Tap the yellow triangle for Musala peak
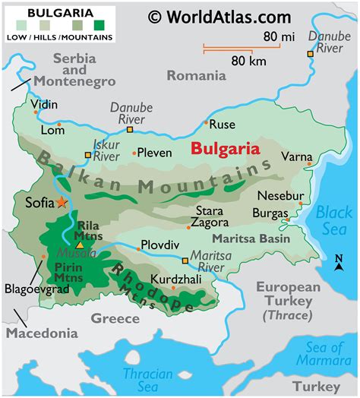click(x=79, y=245)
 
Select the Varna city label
click(x=295, y=156)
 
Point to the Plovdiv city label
click(x=159, y=245)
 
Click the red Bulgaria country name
click(x=225, y=149)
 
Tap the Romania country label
click(x=196, y=75)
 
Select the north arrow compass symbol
click(x=339, y=263)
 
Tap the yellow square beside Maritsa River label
click(x=185, y=261)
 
